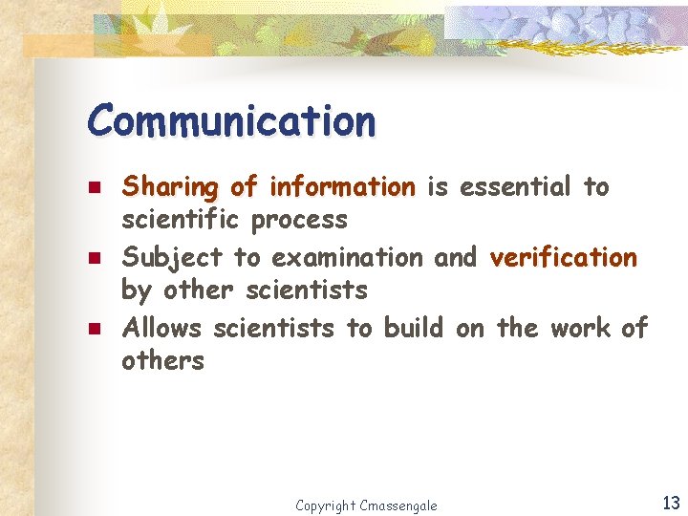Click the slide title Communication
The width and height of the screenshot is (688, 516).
pyautogui.click(x=231, y=121)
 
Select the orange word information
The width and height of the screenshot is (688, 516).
pyautogui.click(x=343, y=186)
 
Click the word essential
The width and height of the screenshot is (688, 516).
pyautogui.click(x=517, y=186)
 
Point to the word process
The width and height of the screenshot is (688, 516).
pyautogui.click(x=299, y=221)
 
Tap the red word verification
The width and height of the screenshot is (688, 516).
pyautogui.click(x=563, y=257)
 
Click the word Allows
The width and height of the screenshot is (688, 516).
pyautogui.click(x=162, y=329)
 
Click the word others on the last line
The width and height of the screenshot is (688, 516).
pyautogui.click(x=162, y=361)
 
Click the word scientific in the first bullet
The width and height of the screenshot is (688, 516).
pyautogui.click(x=181, y=220)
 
